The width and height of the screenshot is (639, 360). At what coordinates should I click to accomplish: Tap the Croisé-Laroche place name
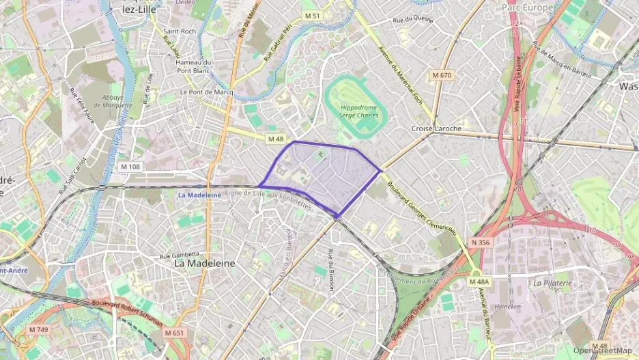[x=436, y=128]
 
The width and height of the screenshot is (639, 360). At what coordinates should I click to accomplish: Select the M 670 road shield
[x=442, y=74]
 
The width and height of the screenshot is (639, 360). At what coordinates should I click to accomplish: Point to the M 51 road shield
[x=312, y=15]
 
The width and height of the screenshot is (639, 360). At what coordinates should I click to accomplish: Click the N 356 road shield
[x=480, y=242]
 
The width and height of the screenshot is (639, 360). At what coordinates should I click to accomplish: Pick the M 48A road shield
[x=479, y=281]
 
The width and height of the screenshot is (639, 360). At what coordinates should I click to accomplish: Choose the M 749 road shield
[x=39, y=330]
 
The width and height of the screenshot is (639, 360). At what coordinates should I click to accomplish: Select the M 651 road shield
[x=174, y=333]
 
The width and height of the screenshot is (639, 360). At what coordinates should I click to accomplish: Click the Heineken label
[x=508, y=307]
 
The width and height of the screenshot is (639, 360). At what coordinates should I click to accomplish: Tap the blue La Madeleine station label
[x=199, y=195]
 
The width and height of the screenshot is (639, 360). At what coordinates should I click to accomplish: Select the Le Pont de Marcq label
[x=206, y=92]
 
